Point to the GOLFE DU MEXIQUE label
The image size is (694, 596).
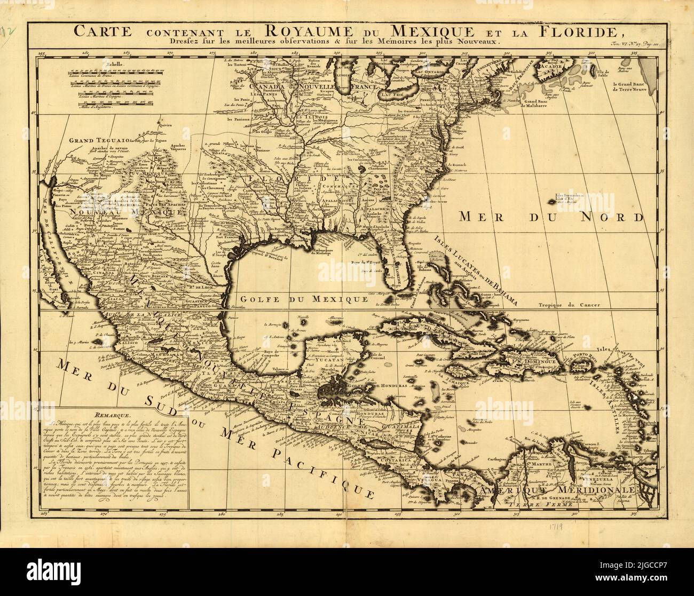304,298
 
